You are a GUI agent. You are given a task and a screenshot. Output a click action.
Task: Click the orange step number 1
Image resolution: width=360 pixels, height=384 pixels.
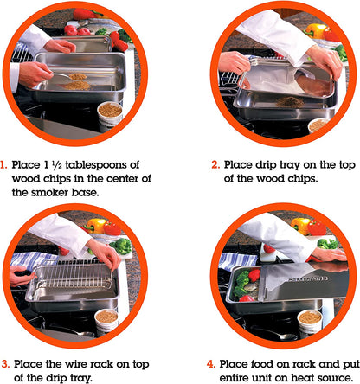tap(3, 165)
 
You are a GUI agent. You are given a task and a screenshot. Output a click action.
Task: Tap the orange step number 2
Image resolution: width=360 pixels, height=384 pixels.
tap(215, 165)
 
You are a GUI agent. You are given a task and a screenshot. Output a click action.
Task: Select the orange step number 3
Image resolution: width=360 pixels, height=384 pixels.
tap(5, 364)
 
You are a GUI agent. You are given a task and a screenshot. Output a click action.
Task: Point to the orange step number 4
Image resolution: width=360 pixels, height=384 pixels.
tap(211, 364)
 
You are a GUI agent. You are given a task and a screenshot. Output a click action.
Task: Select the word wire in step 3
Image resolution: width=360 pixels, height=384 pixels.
tap(76, 364)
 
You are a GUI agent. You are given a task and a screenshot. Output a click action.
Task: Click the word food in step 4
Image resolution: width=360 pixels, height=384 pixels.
tap(262, 364)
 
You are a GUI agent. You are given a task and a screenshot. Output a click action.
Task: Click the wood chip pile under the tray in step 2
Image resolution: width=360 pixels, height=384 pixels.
tap(290, 102)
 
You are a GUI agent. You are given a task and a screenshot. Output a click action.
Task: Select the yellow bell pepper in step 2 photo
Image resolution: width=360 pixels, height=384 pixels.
tap(315, 31)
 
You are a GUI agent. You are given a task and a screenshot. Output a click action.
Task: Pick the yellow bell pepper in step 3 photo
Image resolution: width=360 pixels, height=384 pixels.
tap(96, 226)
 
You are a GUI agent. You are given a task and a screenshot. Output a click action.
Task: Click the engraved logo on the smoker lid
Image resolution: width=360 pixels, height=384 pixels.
tap(308, 279)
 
